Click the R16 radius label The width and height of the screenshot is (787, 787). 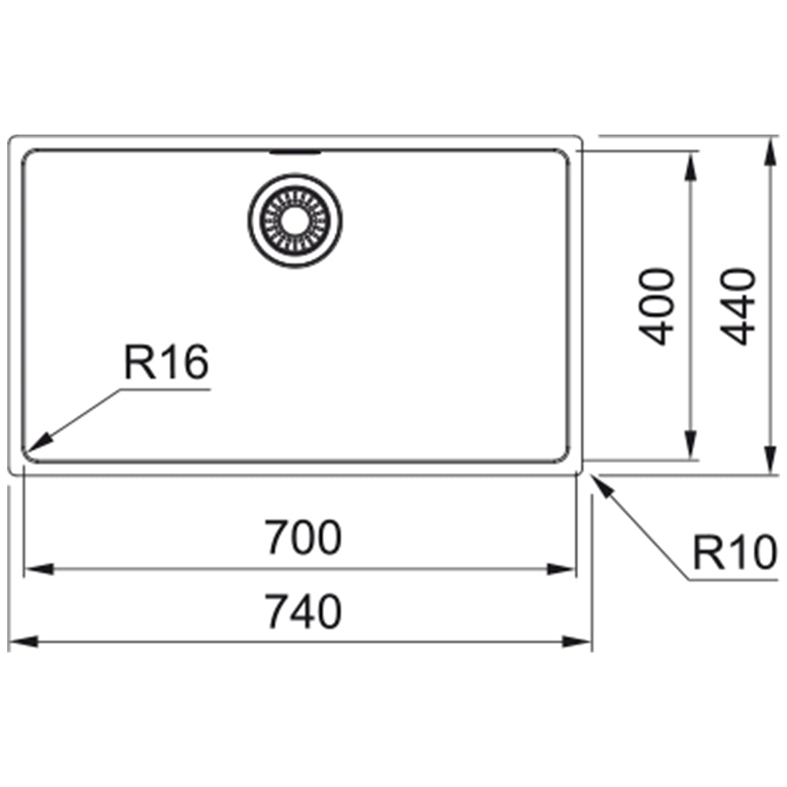(166, 363)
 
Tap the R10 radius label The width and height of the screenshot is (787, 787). (734, 552)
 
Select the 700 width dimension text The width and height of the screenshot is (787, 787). (303, 537)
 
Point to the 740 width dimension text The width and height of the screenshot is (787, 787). (303, 611)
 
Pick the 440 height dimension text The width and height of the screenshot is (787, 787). (738, 307)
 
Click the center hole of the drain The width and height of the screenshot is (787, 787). (295, 221)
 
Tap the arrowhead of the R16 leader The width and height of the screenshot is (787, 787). (39, 441)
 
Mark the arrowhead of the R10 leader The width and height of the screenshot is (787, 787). (603, 486)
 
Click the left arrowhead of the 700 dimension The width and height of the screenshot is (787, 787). (39, 570)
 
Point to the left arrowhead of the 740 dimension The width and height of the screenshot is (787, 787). (24, 642)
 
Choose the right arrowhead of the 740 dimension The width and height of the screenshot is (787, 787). (577, 642)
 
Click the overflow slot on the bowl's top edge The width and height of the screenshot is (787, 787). (295, 152)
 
